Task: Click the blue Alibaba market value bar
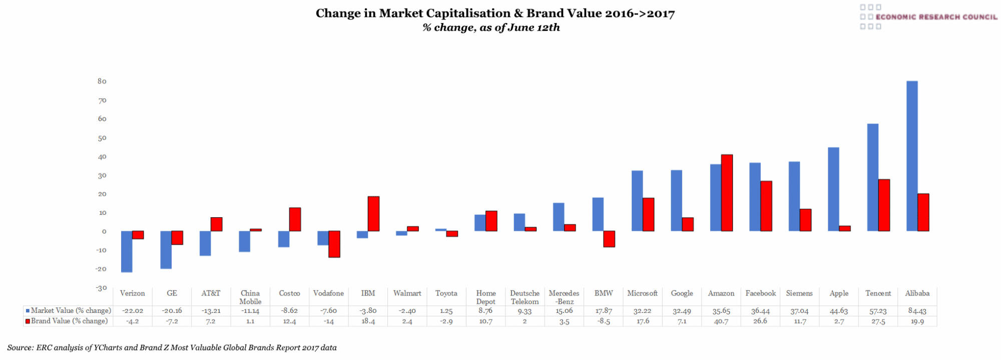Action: pos(911,156)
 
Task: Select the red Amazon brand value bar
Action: pos(727,193)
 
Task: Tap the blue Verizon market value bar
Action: pos(127,251)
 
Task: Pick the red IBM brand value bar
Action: pos(373,214)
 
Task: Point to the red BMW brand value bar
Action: pos(609,239)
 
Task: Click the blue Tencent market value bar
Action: pos(872,177)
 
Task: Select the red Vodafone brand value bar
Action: pos(334,244)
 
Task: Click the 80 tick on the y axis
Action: pos(102,81)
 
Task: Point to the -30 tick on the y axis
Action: pos(102,288)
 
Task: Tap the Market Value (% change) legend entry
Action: pos(69,310)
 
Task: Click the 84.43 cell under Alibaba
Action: pos(917,310)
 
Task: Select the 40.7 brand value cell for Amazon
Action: pos(721,321)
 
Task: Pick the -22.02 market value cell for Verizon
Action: pos(133,310)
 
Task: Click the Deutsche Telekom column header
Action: pos(525,297)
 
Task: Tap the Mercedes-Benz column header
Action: pos(564,297)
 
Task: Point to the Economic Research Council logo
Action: pos(928,17)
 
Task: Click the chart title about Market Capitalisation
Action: pos(495,14)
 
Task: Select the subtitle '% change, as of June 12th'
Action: pos(491,28)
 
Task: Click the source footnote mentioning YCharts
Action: pos(172,347)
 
